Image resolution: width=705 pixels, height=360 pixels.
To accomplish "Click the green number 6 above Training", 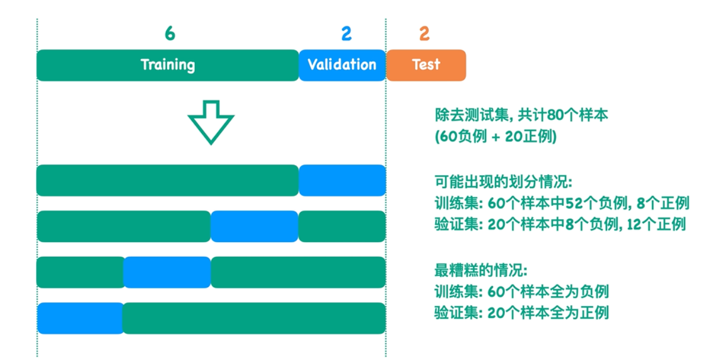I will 169,34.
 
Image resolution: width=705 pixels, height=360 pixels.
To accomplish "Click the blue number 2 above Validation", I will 346,34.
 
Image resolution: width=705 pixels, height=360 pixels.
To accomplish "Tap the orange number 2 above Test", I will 424,34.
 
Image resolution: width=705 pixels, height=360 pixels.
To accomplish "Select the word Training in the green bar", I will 168,65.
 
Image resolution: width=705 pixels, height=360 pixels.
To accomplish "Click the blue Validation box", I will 342,65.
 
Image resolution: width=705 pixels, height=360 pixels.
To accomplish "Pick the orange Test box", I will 426,65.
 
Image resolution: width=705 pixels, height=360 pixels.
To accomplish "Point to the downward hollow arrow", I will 211,122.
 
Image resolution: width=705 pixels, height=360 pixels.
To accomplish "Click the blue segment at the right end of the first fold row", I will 342,180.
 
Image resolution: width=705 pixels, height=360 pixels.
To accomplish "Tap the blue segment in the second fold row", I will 254,226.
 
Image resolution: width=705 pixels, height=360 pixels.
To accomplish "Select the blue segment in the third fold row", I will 167,272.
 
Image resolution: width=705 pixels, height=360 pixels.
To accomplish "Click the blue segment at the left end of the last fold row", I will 80,318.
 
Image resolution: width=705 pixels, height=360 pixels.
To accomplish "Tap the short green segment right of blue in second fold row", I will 342,226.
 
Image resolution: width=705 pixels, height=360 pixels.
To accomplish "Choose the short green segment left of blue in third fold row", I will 80,272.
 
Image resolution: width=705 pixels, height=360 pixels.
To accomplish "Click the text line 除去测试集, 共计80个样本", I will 521,115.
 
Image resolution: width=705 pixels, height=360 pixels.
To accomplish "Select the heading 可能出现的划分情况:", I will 504,181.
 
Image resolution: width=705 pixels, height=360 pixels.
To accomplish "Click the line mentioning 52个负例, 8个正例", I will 561,203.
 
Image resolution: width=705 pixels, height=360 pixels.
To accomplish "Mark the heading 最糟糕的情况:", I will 481,270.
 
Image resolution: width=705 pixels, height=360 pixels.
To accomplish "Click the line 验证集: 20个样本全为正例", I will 521,313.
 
